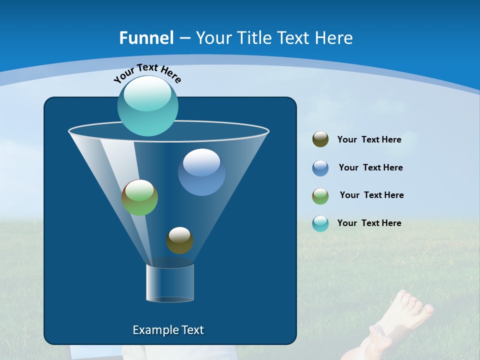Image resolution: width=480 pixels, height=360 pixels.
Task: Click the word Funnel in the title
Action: coord(146,38)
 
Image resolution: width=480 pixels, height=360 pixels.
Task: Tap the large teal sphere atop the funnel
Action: coord(147,105)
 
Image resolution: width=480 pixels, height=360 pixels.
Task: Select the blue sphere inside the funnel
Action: coord(201,172)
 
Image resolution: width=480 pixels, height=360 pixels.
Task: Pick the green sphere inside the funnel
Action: coord(139,197)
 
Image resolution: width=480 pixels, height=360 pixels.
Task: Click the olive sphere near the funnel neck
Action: coord(179,240)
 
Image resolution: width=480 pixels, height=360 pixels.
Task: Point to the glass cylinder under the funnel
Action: coord(169,283)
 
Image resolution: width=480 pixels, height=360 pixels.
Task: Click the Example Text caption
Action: coord(168,330)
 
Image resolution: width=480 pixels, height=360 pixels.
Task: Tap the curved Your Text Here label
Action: coord(147,73)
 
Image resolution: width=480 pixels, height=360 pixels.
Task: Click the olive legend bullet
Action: coord(320,139)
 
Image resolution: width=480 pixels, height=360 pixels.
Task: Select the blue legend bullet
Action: coord(320,168)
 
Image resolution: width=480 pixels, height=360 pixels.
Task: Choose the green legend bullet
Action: coord(320,196)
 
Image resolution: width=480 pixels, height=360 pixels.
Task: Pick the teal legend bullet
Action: coord(320,223)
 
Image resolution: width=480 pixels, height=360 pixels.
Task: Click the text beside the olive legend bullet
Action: coord(369,140)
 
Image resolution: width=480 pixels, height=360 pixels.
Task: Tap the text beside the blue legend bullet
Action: coord(370,168)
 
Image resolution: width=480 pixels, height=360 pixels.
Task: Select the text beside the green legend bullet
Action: coord(371,195)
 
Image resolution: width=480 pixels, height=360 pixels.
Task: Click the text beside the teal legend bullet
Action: coord(369,223)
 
